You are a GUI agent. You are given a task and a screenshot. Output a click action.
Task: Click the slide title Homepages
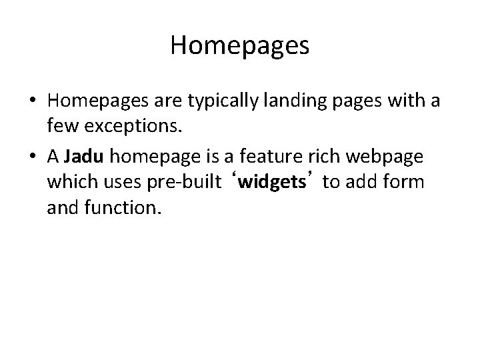tap(239, 45)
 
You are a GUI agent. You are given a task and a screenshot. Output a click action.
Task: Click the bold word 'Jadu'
tap(84, 158)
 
